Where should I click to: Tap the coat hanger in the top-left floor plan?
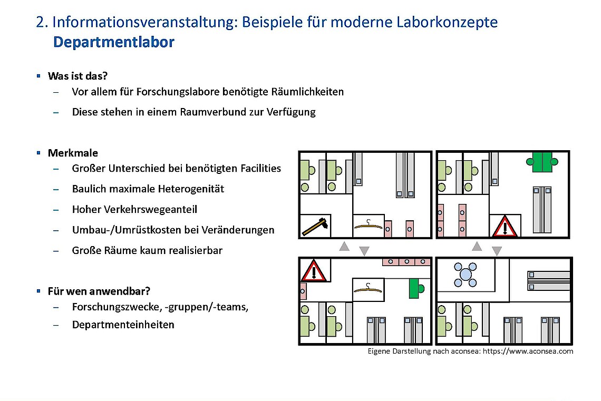click(368, 225)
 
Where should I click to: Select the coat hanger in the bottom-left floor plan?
click(368, 288)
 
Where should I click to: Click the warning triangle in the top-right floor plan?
click(505, 226)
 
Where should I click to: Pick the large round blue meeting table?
click(466, 275)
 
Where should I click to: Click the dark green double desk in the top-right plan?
click(542, 162)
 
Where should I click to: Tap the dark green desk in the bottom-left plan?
click(416, 288)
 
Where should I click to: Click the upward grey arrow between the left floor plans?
click(344, 246)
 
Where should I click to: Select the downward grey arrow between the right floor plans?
click(497, 251)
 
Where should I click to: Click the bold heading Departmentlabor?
click(113, 43)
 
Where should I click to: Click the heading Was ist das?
click(77, 76)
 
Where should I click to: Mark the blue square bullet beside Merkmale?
click(38, 152)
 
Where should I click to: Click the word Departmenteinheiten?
click(123, 325)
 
